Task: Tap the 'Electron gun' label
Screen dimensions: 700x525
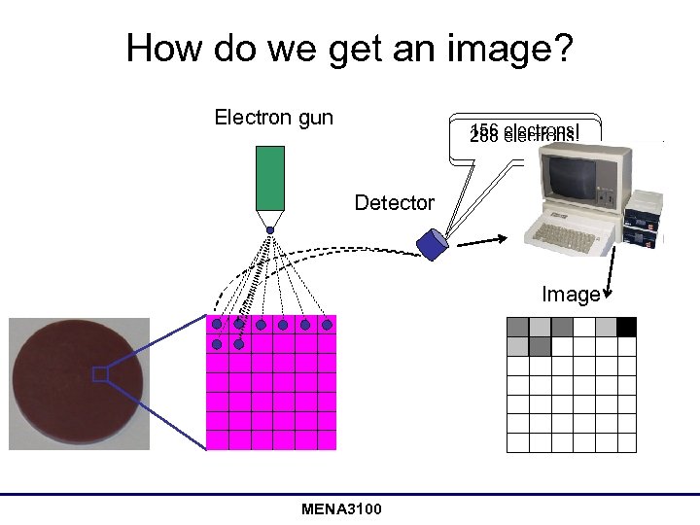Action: (x=273, y=118)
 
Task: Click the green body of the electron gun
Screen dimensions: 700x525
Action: (x=269, y=178)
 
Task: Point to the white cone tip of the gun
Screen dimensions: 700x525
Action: (x=269, y=218)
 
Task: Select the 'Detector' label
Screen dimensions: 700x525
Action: (x=394, y=203)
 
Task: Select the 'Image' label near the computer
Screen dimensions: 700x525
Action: (x=571, y=294)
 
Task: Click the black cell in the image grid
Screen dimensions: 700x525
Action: (x=626, y=326)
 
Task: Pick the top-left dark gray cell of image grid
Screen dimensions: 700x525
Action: (x=518, y=326)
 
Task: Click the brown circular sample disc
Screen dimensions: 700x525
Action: (x=78, y=383)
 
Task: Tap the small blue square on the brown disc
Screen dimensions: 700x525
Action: (x=99, y=374)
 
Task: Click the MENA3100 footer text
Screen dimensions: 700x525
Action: (x=341, y=509)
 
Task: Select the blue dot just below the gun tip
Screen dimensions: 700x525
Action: (x=270, y=230)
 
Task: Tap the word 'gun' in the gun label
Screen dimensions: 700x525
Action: (x=315, y=118)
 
